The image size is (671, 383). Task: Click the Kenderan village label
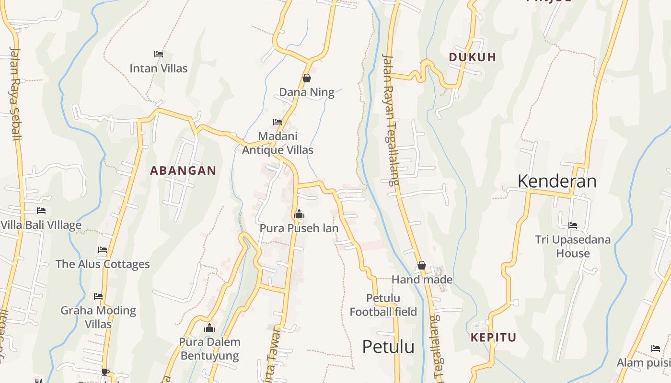coord(557,181)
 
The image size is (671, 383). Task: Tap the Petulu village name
coord(388,347)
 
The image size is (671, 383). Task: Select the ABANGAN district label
coord(183,170)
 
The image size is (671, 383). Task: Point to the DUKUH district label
coord(472,57)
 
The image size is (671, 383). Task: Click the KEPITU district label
coord(493,338)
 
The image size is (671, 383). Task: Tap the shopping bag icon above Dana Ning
coord(307,78)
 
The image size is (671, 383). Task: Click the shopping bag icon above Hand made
coord(422,265)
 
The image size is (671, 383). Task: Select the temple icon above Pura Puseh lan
coord(299,214)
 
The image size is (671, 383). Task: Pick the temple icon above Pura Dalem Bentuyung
coord(209,328)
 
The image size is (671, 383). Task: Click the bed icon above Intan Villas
coord(159,54)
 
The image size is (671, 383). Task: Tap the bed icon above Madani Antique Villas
coord(277,122)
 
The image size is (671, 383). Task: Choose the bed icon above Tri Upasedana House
coord(573,225)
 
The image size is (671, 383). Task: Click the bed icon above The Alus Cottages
coord(103,249)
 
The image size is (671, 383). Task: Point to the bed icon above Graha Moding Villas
coord(98,296)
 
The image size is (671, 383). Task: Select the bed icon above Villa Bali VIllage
coord(41,211)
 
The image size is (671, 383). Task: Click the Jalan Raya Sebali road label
coord(15,93)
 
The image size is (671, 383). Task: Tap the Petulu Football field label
coord(383,305)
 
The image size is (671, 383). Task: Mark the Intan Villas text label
coord(159,68)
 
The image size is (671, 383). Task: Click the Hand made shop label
coord(422,279)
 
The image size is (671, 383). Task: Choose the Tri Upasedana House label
coord(573,246)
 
